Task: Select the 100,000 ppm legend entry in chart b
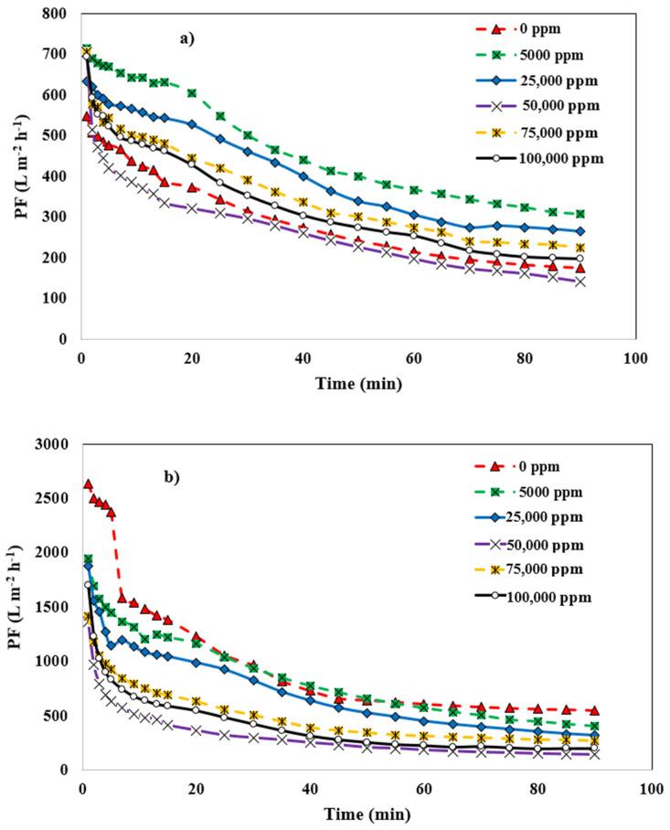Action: pyautogui.click(x=554, y=597)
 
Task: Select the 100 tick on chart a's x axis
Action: pyautogui.click(x=635, y=356)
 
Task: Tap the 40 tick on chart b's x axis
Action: pyautogui.click(x=310, y=787)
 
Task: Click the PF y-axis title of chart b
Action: pyautogui.click(x=16, y=607)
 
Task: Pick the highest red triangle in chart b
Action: pyautogui.click(x=88, y=484)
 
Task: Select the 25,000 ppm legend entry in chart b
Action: pyautogui.click(x=553, y=519)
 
